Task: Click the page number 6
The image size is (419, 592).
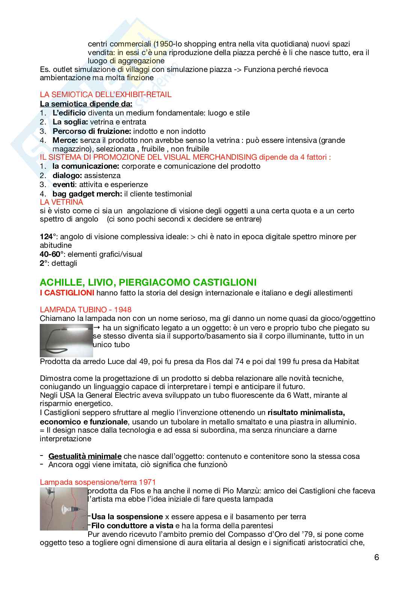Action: pyautogui.click(x=377, y=557)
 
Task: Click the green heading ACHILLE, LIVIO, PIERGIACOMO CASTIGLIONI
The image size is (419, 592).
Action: pyautogui.click(x=148, y=282)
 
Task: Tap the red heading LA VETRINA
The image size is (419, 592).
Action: pyautogui.click(x=62, y=202)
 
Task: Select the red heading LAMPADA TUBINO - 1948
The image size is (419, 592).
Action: pyautogui.click(x=86, y=310)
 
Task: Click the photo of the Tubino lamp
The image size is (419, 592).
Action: pyautogui.click(x=66, y=340)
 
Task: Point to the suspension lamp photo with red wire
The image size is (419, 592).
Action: pyautogui.click(x=63, y=509)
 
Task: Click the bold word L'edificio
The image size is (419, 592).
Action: pyautogui.click(x=69, y=113)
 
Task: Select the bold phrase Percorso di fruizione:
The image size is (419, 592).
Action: pyautogui.click(x=92, y=131)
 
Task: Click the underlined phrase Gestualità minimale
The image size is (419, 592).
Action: pyautogui.click(x=85, y=456)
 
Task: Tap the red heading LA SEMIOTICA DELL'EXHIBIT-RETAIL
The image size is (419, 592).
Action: pyautogui.click(x=106, y=94)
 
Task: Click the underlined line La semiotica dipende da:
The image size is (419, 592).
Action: pyautogui.click(x=86, y=104)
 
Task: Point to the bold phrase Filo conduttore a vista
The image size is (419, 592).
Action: pyautogui.click(x=132, y=526)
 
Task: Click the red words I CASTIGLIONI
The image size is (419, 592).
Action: pyautogui.click(x=67, y=293)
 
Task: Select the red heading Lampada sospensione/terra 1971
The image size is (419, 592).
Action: pyautogui.click(x=98, y=482)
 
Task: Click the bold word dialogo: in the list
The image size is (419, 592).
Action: pyautogui.click(x=67, y=175)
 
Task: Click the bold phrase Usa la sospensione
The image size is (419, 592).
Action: pyautogui.click(x=127, y=517)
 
